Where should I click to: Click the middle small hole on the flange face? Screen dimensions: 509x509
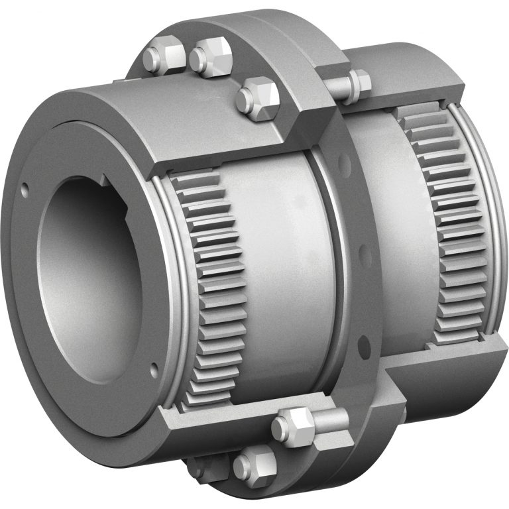click(x=360, y=251)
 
